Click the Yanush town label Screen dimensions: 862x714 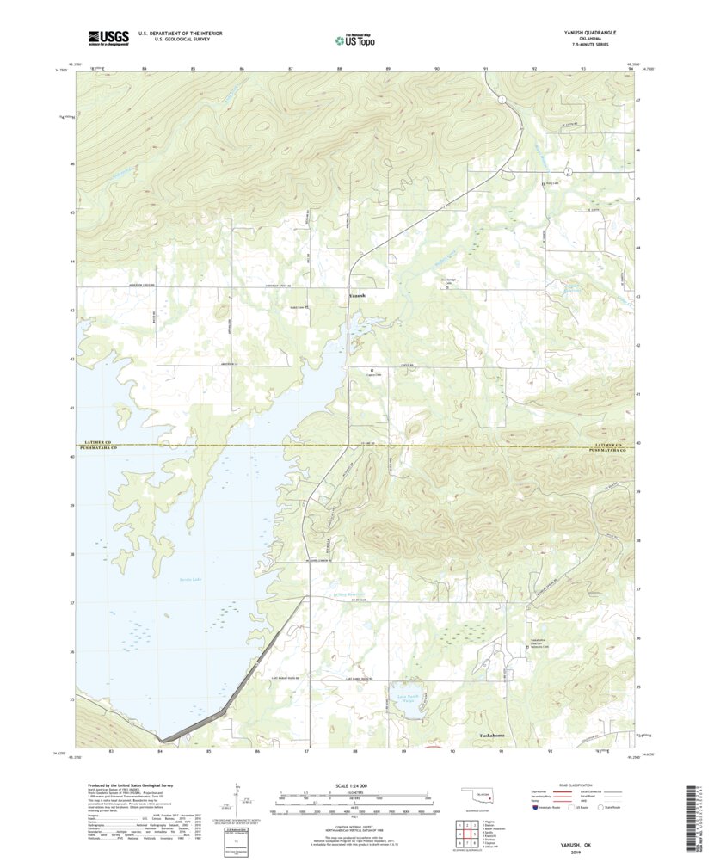(357, 296)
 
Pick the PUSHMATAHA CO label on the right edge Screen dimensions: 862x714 (612, 449)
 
